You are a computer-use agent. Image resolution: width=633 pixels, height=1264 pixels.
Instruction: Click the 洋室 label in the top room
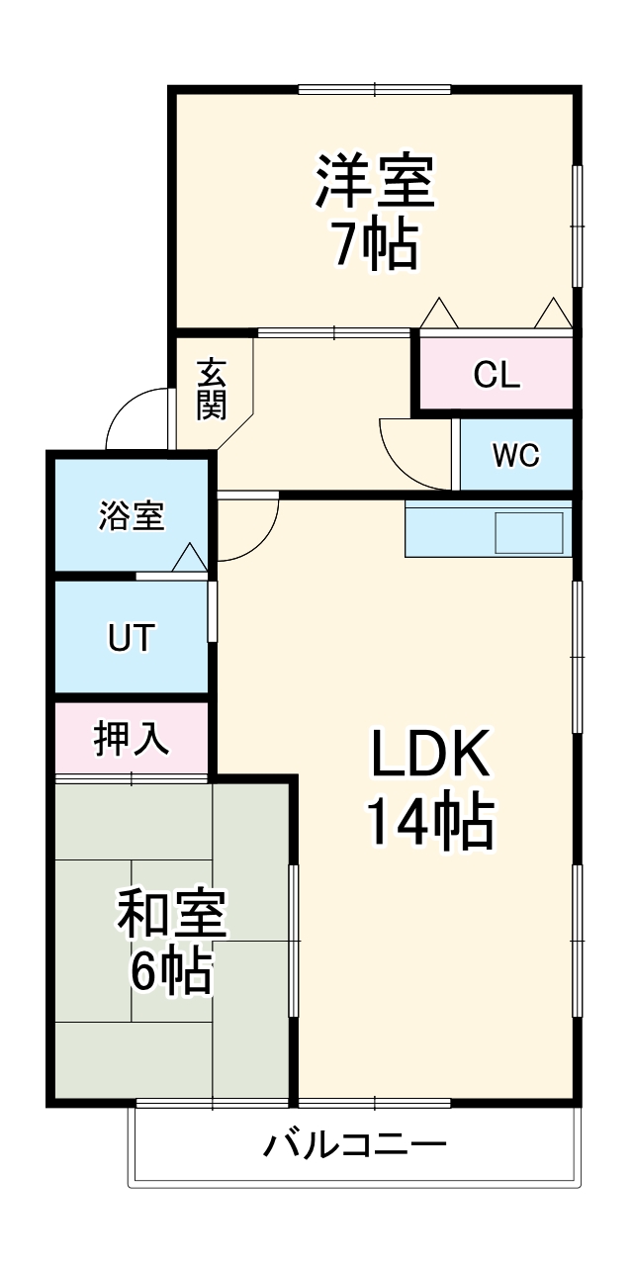pos(375,182)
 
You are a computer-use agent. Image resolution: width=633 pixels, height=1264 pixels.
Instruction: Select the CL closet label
pos(497,375)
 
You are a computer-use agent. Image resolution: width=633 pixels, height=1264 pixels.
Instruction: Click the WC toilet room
pos(516,456)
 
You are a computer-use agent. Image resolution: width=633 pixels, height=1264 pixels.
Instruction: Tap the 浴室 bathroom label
pos(131,515)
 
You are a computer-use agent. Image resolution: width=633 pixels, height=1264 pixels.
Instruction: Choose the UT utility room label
pos(131,638)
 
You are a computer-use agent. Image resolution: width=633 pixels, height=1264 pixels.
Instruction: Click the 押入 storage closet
pos(131,738)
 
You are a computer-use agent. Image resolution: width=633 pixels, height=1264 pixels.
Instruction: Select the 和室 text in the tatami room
pos(172,915)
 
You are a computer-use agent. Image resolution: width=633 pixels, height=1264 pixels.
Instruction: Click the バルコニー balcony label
pos(355,1146)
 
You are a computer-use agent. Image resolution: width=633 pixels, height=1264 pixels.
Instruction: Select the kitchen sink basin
pos(529,533)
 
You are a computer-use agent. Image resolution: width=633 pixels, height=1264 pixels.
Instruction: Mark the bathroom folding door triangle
pos(190,559)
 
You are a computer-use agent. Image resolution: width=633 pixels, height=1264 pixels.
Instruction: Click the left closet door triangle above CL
pos(438,314)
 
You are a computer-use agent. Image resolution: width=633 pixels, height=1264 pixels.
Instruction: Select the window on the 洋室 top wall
pos(376,90)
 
